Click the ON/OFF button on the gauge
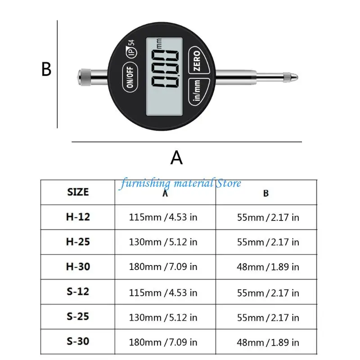coord(130,77)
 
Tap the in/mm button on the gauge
coord(199,92)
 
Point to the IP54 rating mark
coord(131,49)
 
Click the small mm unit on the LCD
coord(159,44)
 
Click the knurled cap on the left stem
coord(85,77)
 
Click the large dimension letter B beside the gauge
coord(46,69)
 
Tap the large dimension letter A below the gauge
coord(176,157)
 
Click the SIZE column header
coord(78,192)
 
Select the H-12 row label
coord(78,217)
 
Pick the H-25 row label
coord(78,242)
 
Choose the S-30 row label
coord(78,341)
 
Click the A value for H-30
coord(163,267)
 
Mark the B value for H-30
coord(268,267)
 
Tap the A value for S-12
coord(163,293)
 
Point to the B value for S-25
coord(268,318)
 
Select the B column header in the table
coord(266,193)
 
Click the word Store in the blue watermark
coord(229,183)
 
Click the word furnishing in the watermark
coord(145,184)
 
